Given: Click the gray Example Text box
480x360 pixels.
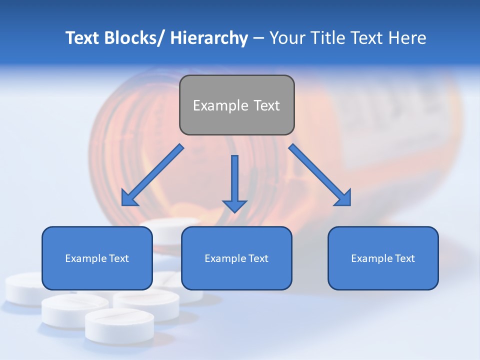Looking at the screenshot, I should [x=236, y=105].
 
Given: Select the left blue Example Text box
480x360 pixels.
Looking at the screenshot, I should [x=97, y=258].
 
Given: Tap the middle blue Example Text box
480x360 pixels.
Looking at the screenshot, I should [x=236, y=258].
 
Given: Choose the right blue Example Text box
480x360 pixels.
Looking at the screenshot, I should [x=383, y=258].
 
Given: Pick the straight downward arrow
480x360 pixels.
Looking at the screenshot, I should [x=234, y=183].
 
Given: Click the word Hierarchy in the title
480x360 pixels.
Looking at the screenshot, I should [x=209, y=38].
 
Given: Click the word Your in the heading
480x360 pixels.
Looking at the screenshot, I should [x=286, y=38].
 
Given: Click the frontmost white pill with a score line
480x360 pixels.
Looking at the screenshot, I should [x=119, y=324].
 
